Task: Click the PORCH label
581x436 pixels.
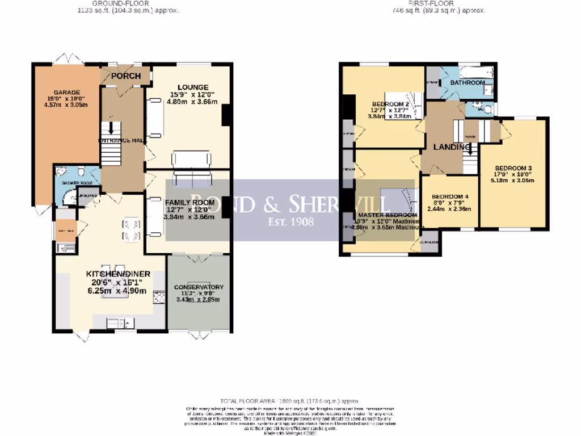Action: tap(125, 76)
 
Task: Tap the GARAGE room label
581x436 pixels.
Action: tap(67, 93)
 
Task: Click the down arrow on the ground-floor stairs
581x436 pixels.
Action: tap(111, 128)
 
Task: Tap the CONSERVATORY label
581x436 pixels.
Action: tap(199, 287)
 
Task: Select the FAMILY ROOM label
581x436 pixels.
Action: tap(190, 202)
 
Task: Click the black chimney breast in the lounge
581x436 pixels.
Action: tap(226, 115)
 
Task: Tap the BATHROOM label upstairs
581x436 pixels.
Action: tap(468, 83)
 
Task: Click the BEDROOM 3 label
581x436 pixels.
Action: tap(513, 168)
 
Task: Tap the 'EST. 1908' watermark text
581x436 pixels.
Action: tap(290, 221)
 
